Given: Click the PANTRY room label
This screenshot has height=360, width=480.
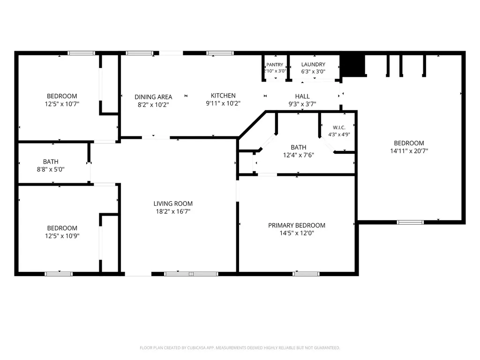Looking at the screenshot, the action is click(275, 65).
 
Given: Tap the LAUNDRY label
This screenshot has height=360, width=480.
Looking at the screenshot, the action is click(313, 64).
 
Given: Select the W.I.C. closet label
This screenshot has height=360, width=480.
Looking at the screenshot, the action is click(339, 127).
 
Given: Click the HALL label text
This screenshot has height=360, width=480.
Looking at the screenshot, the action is click(302, 96).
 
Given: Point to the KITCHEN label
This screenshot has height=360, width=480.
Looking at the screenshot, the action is click(223, 96).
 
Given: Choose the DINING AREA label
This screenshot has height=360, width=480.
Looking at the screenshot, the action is click(153, 97).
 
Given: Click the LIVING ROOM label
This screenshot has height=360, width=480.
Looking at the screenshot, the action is click(173, 203).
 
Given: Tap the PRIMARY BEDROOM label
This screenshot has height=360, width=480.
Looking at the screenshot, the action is click(297, 225).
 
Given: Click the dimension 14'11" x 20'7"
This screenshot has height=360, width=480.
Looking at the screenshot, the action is click(409, 150).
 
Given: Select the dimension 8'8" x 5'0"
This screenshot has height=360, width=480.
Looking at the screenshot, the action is click(51, 169).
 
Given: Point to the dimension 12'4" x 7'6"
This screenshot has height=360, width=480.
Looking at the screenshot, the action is click(299, 155).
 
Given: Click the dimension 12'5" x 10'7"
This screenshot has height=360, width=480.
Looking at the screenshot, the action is click(62, 104).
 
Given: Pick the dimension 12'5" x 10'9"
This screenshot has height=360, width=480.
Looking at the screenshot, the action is click(62, 236).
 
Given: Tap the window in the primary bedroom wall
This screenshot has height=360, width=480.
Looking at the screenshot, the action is click(306, 274).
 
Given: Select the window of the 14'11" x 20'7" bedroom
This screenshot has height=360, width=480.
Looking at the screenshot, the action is click(410, 222).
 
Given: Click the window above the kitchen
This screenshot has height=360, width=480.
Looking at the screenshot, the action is click(220, 53).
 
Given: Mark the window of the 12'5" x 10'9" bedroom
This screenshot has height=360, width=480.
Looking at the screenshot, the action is click(59, 274).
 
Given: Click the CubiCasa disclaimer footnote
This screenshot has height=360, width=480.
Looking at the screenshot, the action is click(240, 348).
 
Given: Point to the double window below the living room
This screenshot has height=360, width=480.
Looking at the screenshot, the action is click(191, 274).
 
